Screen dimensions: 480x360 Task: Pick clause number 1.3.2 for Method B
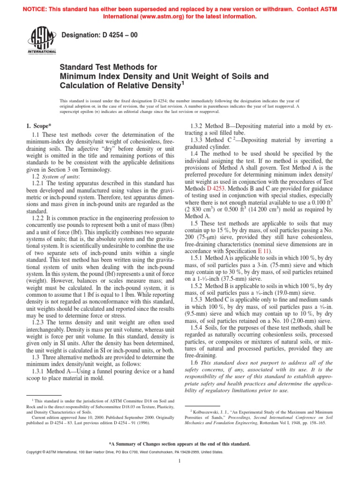pyautogui.click(x=199, y=127)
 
